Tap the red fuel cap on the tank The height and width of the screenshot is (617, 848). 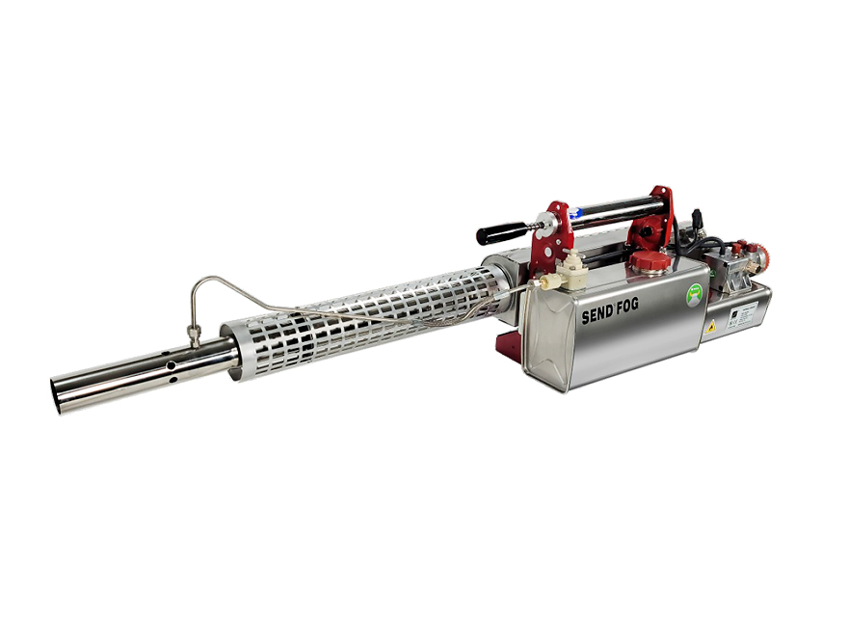(644, 262)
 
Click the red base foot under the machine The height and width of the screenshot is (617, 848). (507, 343)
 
